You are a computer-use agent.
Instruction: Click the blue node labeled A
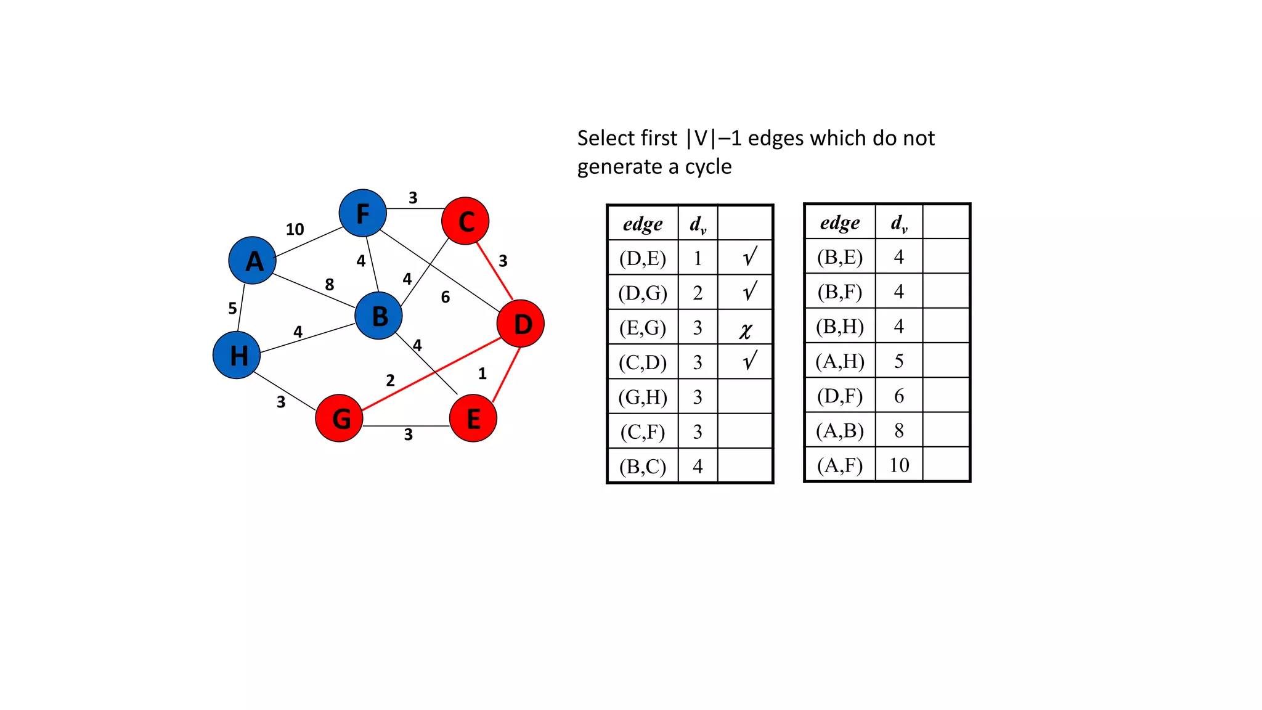coord(252,261)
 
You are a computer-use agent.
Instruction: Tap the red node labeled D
coord(521,324)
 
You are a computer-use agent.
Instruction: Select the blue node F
coord(363,213)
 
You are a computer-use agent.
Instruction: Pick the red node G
coord(339,418)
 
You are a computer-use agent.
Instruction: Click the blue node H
coord(237,355)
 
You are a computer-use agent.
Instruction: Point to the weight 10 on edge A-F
coord(295,229)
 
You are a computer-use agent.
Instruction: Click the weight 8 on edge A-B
coord(330,284)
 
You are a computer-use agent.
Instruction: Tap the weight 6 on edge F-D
coord(446,297)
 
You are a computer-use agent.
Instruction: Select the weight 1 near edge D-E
coord(482,373)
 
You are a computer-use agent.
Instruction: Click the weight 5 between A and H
coord(232,308)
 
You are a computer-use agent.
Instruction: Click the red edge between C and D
coord(494,271)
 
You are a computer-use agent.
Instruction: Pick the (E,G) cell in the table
coord(643,327)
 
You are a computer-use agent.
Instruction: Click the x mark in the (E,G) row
coord(746,330)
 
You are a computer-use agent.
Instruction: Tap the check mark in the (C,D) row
coord(749,361)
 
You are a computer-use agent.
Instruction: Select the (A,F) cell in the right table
coord(839,465)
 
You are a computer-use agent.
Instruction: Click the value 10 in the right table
coord(899,465)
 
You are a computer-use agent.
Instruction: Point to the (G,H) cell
coord(643,397)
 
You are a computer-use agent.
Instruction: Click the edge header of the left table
coord(643,224)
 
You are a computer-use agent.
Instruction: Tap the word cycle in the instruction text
coord(708,167)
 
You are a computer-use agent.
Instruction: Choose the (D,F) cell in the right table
coord(839,396)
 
